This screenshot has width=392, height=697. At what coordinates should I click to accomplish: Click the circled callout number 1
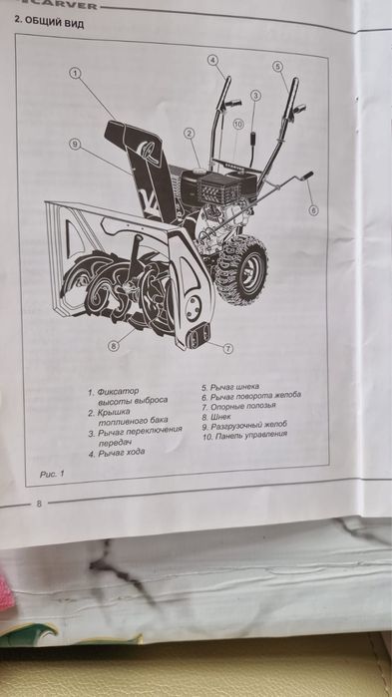click(75, 72)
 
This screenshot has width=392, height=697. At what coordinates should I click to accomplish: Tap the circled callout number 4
click(212, 59)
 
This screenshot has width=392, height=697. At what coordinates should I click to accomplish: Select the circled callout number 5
click(277, 66)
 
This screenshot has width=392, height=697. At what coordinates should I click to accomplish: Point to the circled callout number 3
click(255, 95)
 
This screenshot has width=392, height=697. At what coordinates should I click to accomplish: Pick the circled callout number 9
click(75, 144)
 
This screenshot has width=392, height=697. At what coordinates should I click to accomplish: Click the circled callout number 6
click(313, 210)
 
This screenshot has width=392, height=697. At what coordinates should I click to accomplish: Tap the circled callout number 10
click(237, 124)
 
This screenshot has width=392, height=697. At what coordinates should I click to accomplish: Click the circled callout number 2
click(189, 133)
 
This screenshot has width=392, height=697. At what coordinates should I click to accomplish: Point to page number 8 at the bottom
click(39, 504)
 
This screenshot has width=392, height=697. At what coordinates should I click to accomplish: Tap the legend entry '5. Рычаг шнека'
click(230, 386)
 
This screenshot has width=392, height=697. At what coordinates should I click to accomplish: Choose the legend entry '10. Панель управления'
click(243, 434)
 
